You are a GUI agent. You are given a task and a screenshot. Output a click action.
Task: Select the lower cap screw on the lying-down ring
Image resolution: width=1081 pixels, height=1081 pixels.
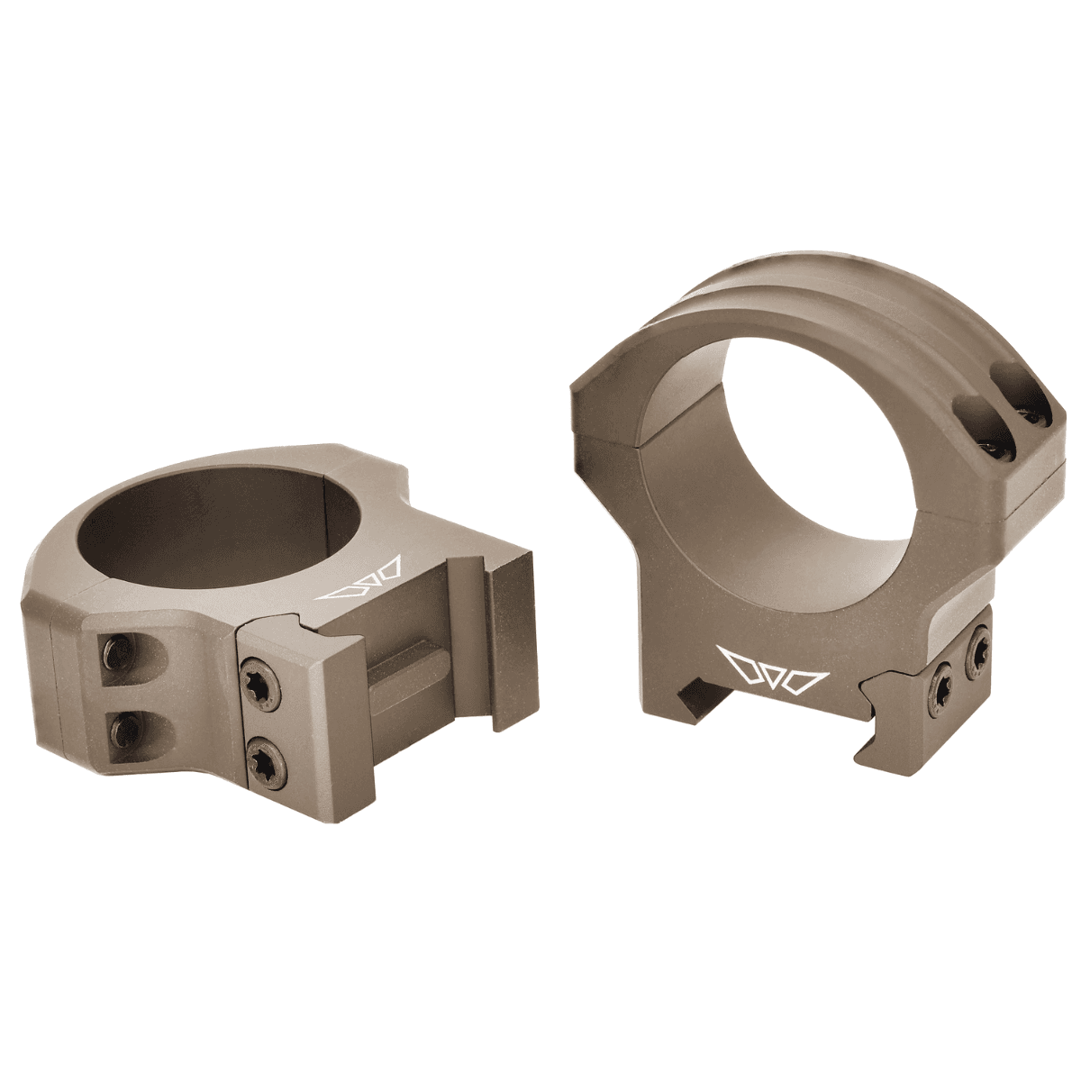click(119, 722)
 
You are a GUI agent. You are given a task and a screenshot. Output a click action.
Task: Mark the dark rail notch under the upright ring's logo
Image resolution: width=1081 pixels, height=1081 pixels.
click(691, 696)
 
